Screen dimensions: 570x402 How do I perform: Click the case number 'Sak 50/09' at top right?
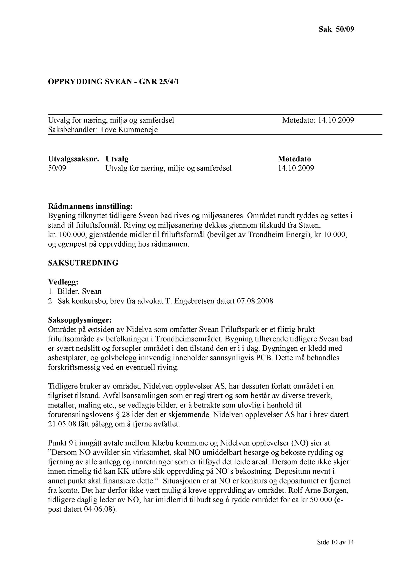coord(336,29)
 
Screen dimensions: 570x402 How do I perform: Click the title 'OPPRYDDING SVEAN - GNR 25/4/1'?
coord(114,82)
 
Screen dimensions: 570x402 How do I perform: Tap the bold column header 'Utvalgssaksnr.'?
coord(73,159)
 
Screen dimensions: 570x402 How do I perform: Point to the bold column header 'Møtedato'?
coord(294,159)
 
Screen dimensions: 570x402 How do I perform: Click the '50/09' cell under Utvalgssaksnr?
coord(57,168)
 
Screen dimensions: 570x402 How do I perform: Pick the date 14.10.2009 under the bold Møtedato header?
coord(296,168)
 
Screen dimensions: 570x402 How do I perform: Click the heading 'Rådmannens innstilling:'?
coord(90,207)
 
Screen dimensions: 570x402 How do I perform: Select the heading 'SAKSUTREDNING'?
coord(83,263)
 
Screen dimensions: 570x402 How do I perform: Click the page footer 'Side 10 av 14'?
coord(336,542)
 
